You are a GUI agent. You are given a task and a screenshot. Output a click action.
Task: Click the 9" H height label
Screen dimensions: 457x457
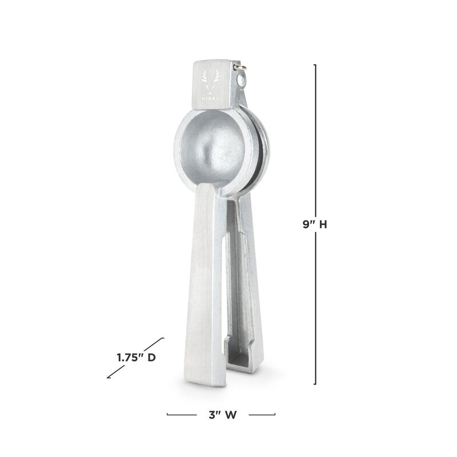tap(315, 225)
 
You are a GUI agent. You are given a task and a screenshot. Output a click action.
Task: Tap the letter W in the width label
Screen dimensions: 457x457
tap(230, 415)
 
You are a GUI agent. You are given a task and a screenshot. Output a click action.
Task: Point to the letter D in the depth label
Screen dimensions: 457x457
tap(151, 358)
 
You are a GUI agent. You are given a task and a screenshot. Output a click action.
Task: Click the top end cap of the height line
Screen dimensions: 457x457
tap(315, 65)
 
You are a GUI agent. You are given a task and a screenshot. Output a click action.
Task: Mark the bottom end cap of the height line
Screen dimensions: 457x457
tap(315, 384)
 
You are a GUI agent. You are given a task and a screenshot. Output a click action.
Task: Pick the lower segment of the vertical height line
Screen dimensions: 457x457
tap(315, 308)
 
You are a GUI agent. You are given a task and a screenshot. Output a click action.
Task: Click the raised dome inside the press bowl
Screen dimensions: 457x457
tap(219, 149)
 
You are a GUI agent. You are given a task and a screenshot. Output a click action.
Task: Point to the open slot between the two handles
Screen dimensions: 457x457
tap(225, 297)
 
